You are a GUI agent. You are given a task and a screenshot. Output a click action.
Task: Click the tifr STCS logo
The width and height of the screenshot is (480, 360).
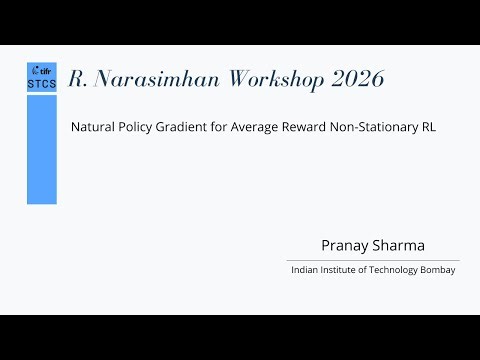coord(42,77)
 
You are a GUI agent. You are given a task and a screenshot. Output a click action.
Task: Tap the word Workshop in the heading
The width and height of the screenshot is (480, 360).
coord(263,80)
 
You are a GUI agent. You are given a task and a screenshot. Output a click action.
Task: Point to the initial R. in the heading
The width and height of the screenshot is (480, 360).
coord(77,80)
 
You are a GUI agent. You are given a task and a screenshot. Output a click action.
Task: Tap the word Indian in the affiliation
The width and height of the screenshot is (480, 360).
coord(304,270)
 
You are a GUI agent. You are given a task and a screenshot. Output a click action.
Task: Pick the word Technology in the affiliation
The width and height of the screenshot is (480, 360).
coord(399,270)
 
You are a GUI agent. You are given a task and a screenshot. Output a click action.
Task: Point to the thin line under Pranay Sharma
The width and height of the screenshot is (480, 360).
coord(373,260)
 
